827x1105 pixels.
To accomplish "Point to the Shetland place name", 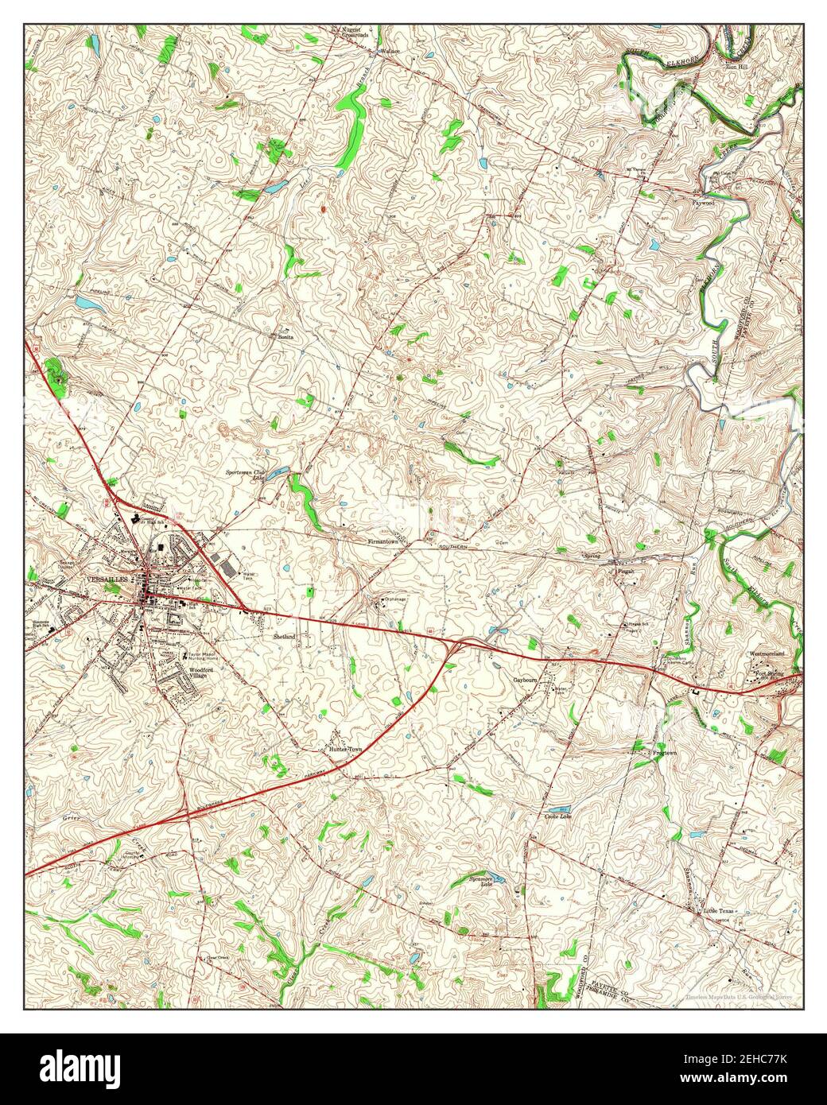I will pos(285,637).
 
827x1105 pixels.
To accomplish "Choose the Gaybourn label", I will pos(525,680).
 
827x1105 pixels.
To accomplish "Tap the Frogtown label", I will pos(665,752).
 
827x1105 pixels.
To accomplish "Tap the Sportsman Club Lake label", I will pos(246,475).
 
